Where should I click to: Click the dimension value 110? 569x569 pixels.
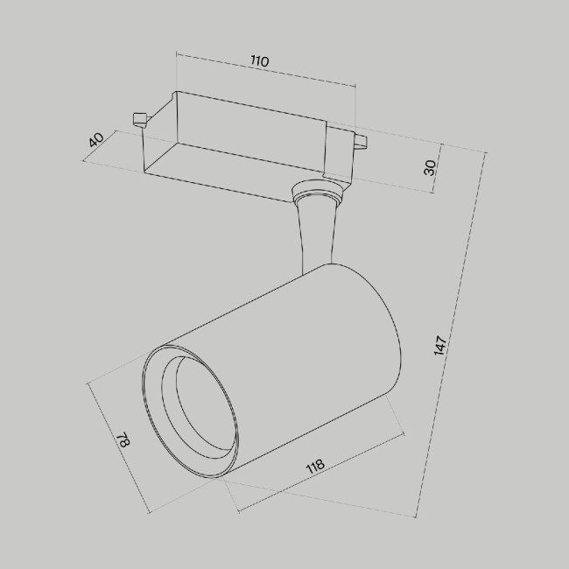(x=259, y=61)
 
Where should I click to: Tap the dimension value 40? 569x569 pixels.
(x=96, y=139)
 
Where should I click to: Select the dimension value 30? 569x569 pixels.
(x=430, y=166)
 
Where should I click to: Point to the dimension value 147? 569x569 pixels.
(x=441, y=344)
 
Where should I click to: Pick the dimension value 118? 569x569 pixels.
(x=315, y=465)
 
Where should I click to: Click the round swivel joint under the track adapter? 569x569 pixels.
(x=317, y=191)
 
